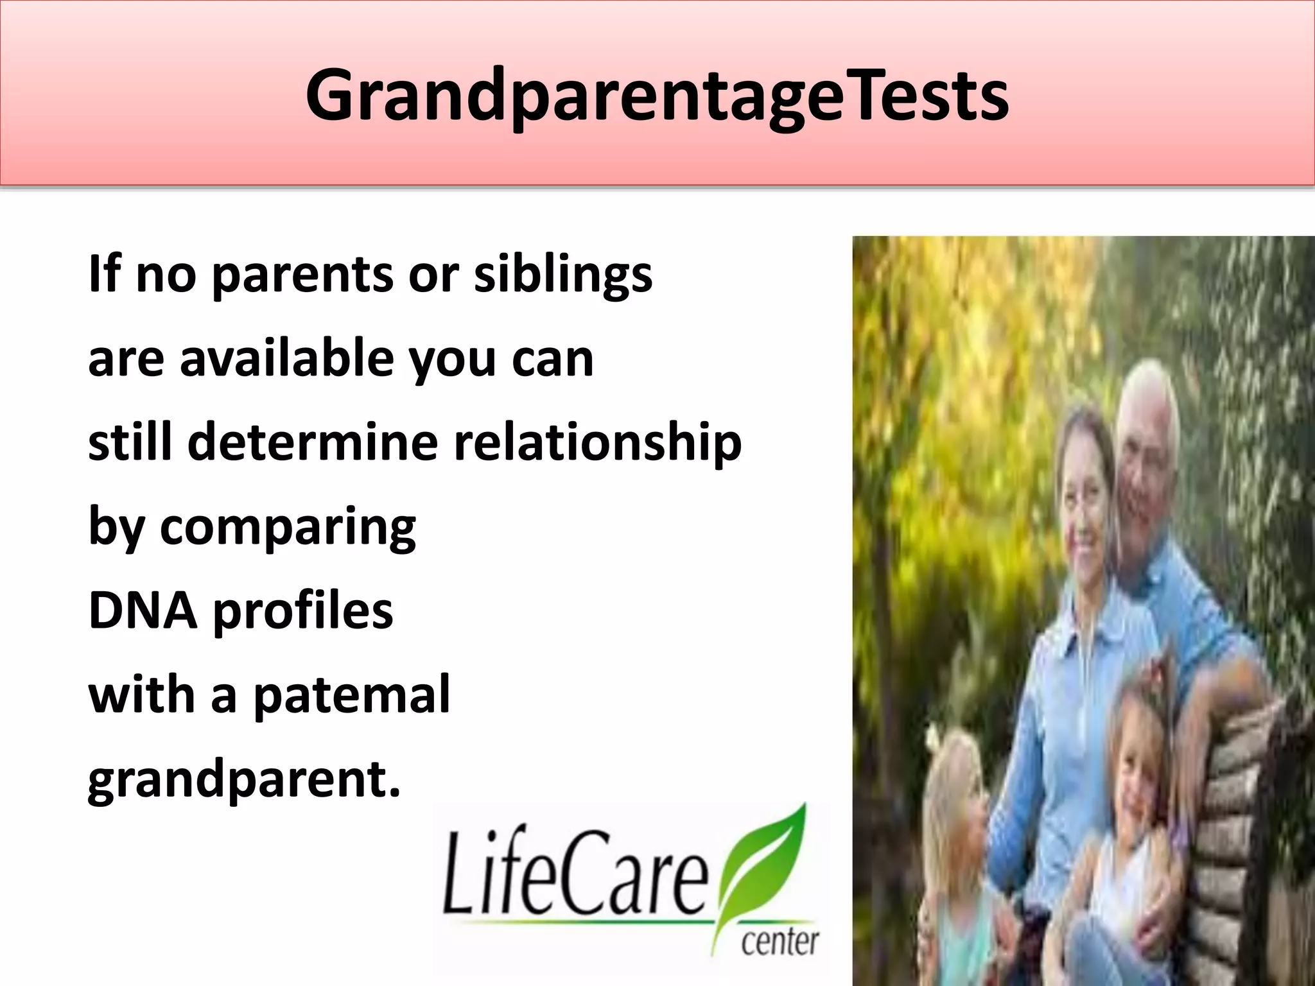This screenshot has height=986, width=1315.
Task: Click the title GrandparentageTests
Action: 657,96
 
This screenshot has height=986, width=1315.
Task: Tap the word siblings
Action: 563,275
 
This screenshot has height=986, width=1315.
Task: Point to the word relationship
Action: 598,444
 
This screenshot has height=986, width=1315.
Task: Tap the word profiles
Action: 302,612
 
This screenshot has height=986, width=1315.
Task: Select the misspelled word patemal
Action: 352,696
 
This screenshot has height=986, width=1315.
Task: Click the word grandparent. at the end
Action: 244,781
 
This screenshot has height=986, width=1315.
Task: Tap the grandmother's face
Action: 1085,514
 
